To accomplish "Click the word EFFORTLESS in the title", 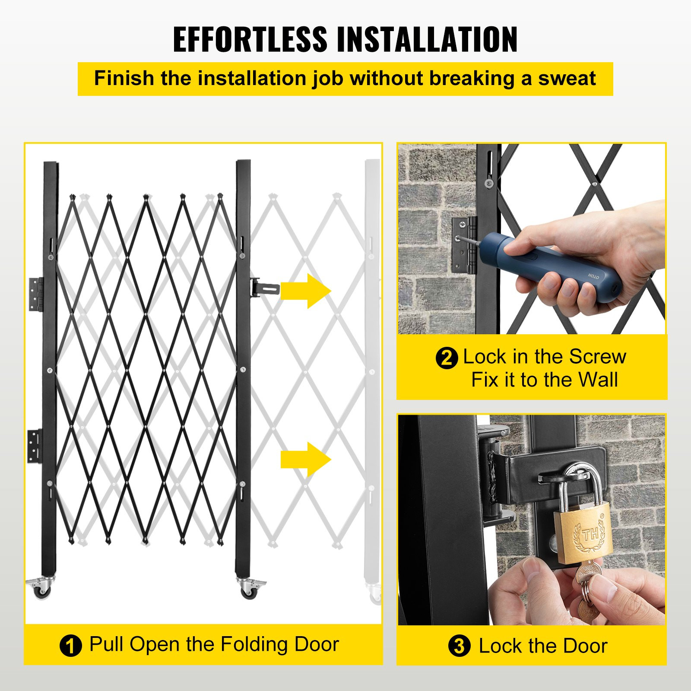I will coord(250,39).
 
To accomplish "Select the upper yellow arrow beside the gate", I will coord(305,291).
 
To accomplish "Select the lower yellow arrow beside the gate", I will coord(305,460).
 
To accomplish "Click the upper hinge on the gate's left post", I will coord(36,294).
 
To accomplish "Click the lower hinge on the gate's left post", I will coord(35,446).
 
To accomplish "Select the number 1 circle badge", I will coord(70,646).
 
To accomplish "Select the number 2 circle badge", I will coord(446,358).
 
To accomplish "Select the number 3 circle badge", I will coord(459,647).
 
